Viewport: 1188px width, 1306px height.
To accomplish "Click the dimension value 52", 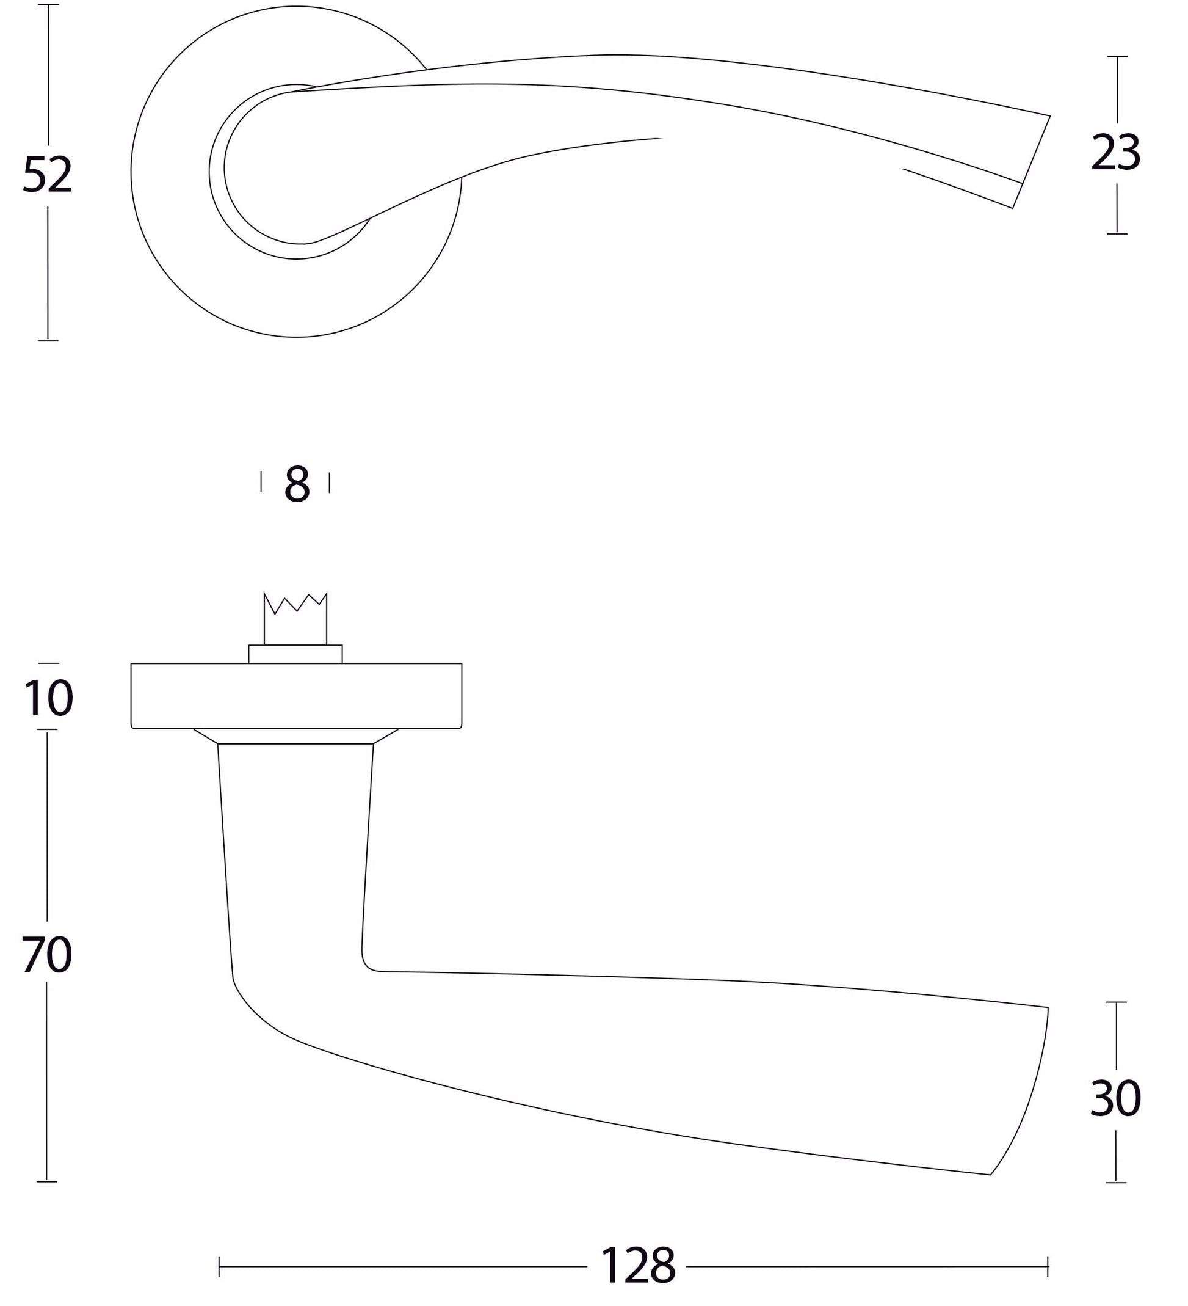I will coord(47,175).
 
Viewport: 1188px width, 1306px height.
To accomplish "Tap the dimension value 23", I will coord(1115,153).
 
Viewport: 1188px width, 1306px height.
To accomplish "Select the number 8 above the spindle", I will coord(297,483).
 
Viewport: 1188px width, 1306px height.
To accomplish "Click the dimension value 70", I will coord(46,955).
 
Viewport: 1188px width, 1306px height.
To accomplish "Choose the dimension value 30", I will coord(1115,1099).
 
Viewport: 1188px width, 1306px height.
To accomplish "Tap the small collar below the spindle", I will coord(295,654).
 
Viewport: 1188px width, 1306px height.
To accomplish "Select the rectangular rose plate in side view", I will coord(296,696).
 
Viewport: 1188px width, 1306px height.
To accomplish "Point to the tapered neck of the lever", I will coord(296,842).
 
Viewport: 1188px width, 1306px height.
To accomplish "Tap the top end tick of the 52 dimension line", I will coord(48,4).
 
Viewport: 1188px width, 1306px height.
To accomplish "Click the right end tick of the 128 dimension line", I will coord(1048,1266).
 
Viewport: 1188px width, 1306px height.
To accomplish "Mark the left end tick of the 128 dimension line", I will coord(220,1266).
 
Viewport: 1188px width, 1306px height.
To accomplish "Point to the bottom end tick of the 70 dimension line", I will coord(46,1181).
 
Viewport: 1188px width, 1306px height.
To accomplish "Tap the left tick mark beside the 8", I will coord(261,481).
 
